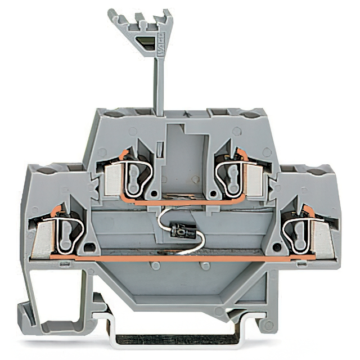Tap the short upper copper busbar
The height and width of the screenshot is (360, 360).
[180, 200]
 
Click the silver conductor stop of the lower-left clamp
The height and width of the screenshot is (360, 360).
[42, 236]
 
